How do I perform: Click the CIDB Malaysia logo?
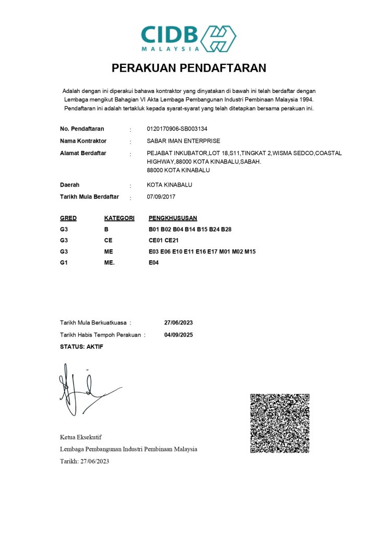pos(188,38)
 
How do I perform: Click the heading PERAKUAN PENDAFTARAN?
pos(189,68)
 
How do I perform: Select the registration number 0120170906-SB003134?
pos(181,129)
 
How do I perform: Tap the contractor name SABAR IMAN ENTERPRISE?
pos(184,141)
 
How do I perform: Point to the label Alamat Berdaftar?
pos(83,153)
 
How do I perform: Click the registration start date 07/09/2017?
pos(162,197)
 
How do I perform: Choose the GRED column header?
pos(68,218)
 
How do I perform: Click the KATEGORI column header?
pos(120,218)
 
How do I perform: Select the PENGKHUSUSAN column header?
pos(173,218)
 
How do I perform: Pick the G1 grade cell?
pos(64,263)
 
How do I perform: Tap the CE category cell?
pos(109,240)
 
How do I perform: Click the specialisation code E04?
pos(154,263)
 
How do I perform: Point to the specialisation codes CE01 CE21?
pos(164,240)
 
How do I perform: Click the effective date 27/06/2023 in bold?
pos(179,322)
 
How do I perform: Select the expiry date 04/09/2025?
pos(179,335)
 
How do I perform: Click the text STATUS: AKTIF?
pos(81,347)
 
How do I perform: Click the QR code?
pos(280,423)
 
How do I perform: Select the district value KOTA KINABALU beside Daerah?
pos(170,185)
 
